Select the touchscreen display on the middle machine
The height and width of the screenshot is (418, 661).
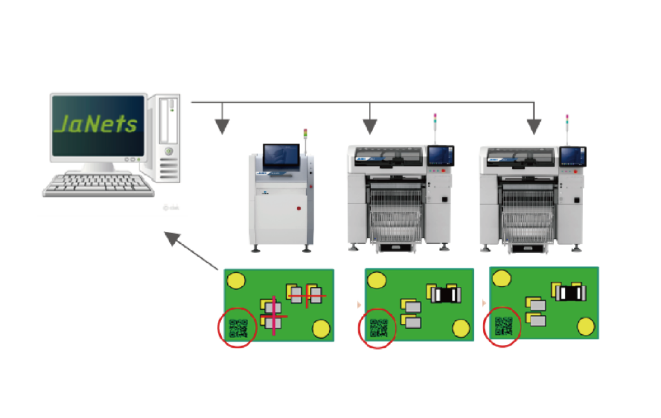point(441,155)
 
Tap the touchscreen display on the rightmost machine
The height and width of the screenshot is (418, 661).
point(572,157)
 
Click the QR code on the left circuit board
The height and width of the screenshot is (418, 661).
point(238,328)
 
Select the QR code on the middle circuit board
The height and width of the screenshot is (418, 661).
point(378,328)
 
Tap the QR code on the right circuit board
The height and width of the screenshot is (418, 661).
point(503,326)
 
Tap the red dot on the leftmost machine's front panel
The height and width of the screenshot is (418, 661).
point(298,208)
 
